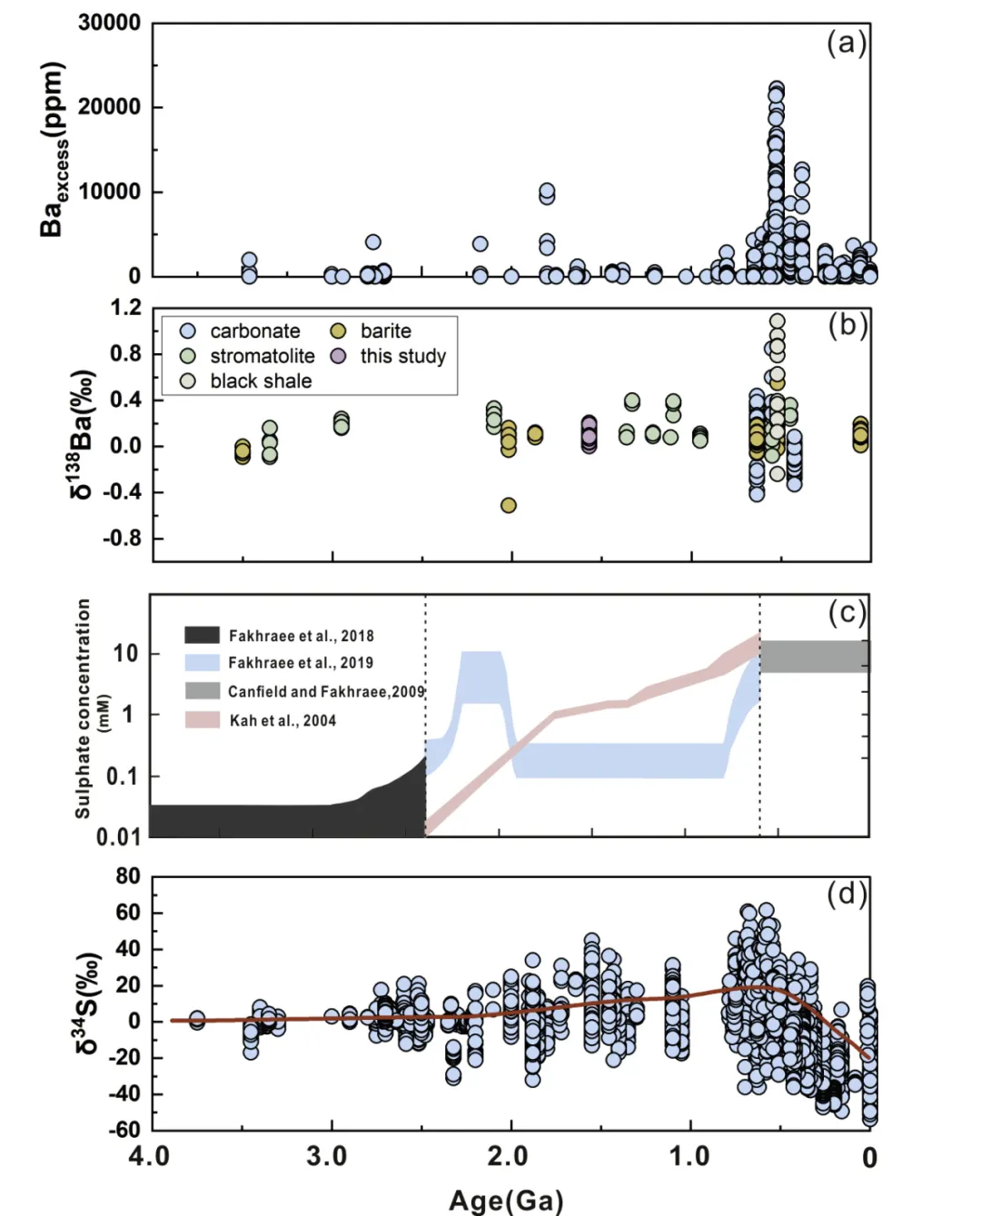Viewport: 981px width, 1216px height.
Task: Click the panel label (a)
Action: coord(846,44)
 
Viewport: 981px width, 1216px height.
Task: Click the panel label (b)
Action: coord(847,325)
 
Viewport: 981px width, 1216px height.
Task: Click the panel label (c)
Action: coord(847,613)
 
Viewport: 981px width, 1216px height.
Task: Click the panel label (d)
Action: coord(847,895)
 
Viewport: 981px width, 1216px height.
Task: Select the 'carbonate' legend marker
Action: coord(188,331)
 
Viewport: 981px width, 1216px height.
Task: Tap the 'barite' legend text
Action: coord(385,331)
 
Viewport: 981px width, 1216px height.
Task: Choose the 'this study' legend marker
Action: coord(338,356)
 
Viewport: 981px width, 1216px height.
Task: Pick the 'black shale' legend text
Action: coord(261,381)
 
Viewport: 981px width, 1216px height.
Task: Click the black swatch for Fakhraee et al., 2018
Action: coord(202,635)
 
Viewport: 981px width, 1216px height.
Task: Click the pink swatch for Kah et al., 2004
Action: coord(202,720)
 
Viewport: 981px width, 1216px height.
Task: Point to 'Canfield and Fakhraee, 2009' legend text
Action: coord(326,692)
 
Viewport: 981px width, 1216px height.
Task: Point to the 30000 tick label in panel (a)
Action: coord(109,23)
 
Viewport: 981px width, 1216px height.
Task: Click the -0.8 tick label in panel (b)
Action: coord(122,539)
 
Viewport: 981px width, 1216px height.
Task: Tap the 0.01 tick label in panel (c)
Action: coord(119,836)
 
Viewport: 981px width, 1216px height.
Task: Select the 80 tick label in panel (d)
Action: coord(128,876)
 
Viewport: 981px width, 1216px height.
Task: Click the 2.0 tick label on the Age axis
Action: coord(508,1157)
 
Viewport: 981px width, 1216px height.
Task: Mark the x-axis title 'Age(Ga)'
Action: coord(506,1201)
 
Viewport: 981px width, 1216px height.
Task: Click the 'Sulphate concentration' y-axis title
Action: coord(83,708)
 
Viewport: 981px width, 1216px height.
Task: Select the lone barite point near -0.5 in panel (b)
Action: coord(509,505)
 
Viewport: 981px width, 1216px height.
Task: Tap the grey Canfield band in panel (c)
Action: coord(814,657)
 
